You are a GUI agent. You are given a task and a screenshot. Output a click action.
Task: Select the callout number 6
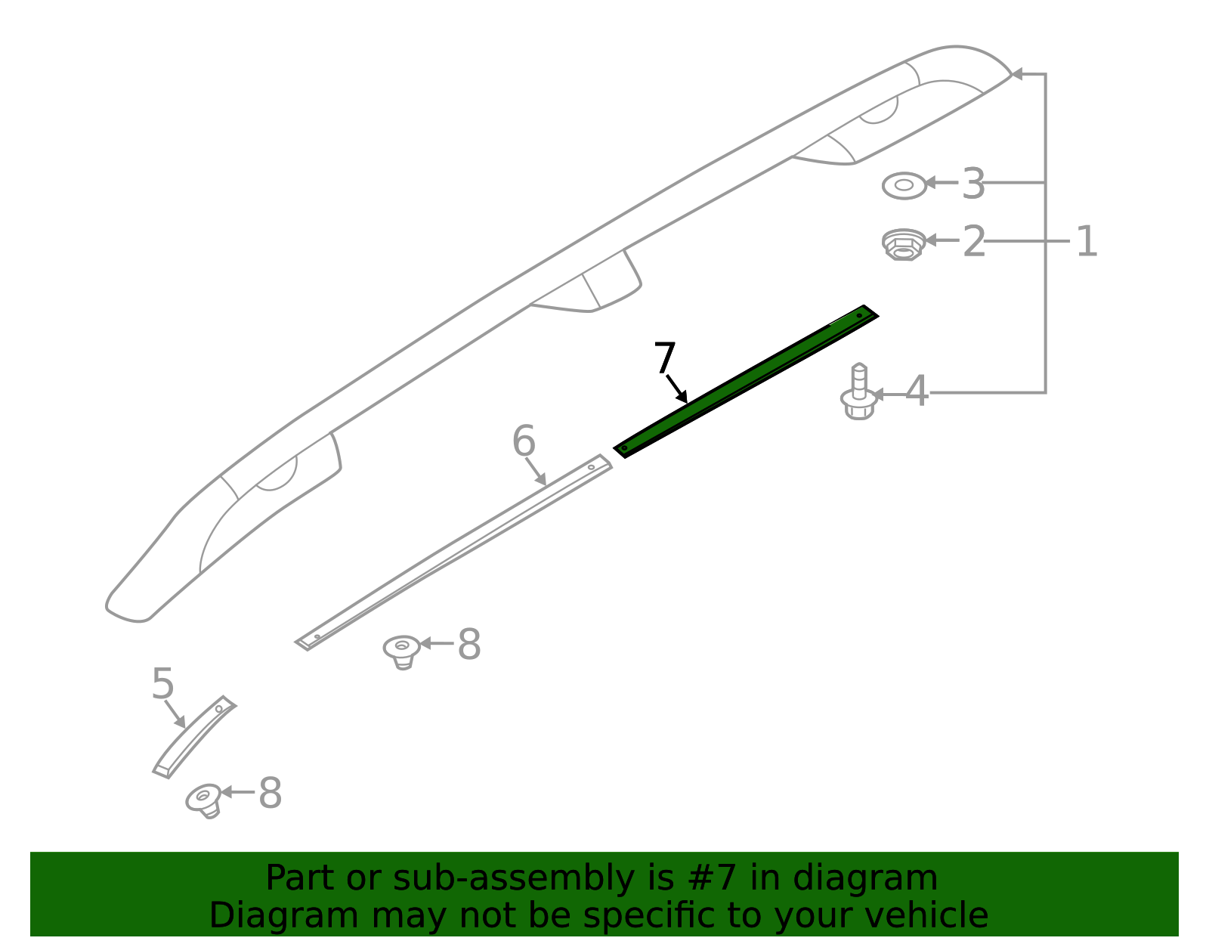coord(524,441)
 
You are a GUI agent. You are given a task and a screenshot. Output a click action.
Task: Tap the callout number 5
coord(163,684)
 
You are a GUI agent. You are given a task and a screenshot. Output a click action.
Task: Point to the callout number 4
coord(917,391)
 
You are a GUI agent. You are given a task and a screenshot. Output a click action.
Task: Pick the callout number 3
coord(973,184)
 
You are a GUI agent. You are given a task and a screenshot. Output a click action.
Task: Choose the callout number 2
coord(974,241)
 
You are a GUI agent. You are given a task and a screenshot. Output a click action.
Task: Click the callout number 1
coord(1087,241)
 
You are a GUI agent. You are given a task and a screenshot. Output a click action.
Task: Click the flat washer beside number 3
coord(904,185)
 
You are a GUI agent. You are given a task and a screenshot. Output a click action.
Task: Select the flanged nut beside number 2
coord(904,244)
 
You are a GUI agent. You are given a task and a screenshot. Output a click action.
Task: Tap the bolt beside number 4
coord(859,392)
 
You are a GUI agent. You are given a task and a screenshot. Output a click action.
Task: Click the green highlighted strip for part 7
coord(746,382)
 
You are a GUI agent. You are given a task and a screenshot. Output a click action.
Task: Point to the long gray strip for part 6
coord(453,552)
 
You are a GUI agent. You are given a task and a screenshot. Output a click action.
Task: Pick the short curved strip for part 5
coord(194,736)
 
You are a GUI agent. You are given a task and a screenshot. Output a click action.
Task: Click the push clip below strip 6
coord(401,652)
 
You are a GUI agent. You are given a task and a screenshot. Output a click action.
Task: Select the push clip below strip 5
coord(203,800)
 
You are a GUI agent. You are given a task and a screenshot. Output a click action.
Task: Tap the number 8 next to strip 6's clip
coord(469,644)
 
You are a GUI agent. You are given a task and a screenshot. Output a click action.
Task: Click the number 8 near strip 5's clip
coord(271,793)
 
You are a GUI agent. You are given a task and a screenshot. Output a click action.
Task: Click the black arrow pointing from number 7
coord(676,388)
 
